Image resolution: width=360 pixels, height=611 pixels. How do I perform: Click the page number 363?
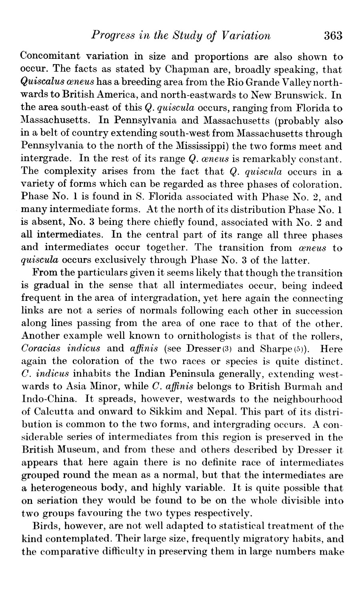(x=333, y=36)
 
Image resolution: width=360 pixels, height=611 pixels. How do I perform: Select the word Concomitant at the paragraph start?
(x=56, y=56)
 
